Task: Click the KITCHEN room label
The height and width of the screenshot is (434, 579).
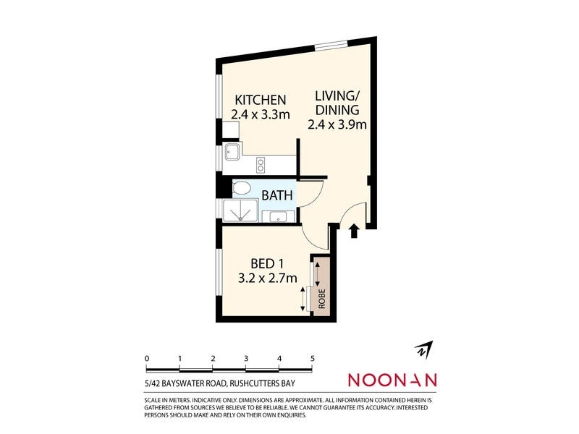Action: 258,100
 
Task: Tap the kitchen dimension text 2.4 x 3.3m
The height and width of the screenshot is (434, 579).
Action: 260,114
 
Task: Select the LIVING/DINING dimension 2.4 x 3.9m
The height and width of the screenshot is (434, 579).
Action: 337,124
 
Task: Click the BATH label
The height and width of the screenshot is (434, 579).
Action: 276,195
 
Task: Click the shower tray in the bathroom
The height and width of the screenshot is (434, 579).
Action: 239,211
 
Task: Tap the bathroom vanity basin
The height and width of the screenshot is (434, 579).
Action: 279,216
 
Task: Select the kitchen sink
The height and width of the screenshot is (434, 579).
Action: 233,153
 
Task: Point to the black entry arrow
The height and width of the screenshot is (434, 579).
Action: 355,231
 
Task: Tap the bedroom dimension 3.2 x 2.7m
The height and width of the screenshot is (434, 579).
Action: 269,278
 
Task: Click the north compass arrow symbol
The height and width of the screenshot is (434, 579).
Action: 422,349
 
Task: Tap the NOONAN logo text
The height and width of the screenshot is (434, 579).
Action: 392,380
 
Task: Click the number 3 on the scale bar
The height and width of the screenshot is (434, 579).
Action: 246,358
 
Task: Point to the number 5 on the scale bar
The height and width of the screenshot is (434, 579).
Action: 312,358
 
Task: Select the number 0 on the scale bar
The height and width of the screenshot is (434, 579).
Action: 147,358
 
